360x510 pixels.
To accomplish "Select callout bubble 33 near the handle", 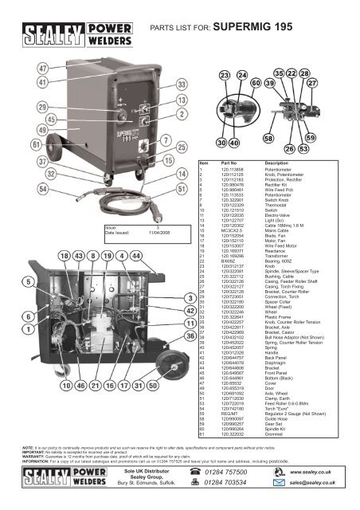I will pyautogui.click(x=182, y=83).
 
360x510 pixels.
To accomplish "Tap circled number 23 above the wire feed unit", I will pyautogui.click(x=225, y=97).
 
